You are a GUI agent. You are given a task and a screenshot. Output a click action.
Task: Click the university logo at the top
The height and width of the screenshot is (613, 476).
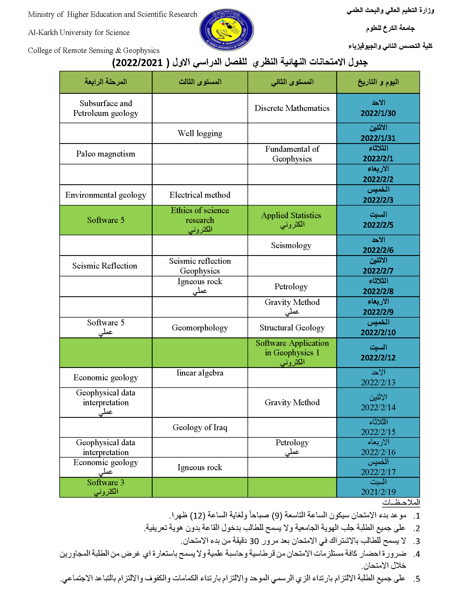(226, 30)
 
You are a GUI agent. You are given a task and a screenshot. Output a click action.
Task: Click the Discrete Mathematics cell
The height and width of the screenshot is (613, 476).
(292, 108)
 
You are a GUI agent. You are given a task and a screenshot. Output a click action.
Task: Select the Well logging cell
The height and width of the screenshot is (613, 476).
(200, 133)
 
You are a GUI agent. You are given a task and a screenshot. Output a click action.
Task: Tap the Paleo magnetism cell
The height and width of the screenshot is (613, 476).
(106, 154)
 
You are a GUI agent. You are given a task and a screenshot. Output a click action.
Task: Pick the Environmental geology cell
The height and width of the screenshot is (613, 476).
(106, 195)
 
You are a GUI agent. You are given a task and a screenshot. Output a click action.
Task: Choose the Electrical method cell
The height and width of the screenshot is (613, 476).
(200, 195)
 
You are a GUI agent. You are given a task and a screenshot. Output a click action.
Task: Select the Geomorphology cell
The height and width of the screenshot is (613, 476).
(200, 328)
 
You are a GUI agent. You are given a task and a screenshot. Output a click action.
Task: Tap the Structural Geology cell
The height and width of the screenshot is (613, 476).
(292, 328)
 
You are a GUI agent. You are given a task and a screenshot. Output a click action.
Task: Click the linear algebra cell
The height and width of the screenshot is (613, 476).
(200, 373)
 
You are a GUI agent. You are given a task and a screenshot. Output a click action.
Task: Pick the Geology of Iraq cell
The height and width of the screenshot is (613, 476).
(200, 427)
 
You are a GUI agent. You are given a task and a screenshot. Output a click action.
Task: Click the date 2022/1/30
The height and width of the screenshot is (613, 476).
(378, 113)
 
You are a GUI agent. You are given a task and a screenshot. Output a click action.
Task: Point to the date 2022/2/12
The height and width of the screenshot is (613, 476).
(378, 358)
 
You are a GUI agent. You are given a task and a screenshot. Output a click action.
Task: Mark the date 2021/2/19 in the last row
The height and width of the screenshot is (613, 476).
(378, 492)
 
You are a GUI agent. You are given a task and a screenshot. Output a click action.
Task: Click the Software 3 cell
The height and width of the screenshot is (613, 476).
(106, 483)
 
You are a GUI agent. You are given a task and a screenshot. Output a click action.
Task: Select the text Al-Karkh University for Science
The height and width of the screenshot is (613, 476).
(79, 32)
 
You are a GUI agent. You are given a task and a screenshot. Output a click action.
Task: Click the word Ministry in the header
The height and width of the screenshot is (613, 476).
(41, 14)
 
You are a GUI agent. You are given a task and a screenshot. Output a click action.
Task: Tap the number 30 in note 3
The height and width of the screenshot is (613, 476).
(254, 541)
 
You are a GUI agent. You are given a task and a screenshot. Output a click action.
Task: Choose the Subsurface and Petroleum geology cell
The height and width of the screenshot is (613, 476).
(106, 108)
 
